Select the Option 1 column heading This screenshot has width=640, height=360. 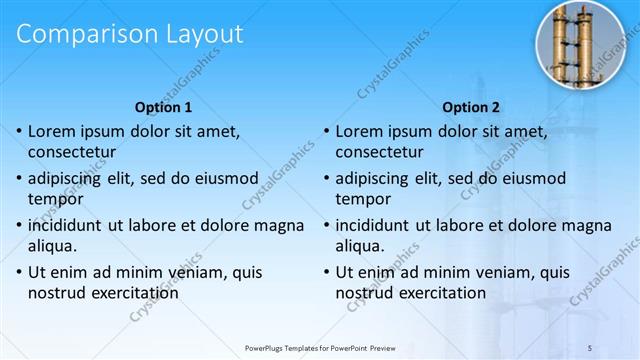pyautogui.click(x=163, y=107)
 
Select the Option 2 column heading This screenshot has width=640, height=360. pyautogui.click(x=471, y=107)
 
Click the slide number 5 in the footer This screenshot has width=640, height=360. pyautogui.click(x=590, y=347)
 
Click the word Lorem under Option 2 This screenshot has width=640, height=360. pyautogui.click(x=361, y=131)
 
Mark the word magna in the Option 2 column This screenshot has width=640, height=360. pyautogui.click(x=586, y=224)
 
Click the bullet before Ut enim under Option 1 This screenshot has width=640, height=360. pyautogui.click(x=18, y=272)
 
